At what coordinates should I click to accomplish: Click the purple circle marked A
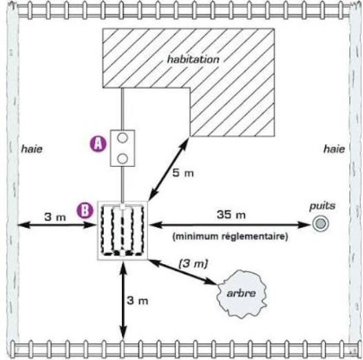point(98,144)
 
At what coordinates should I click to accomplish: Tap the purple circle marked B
point(85,210)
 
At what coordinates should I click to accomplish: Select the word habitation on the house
point(193,59)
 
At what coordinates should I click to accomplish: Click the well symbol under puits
point(320,223)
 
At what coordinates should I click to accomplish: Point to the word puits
point(322,206)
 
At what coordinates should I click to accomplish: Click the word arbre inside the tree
point(241,293)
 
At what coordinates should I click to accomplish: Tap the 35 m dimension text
point(231,214)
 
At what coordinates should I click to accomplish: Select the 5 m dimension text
point(183,173)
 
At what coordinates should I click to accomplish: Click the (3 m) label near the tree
point(194,263)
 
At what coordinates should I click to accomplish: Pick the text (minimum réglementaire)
point(230,237)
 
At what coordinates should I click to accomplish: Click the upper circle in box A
point(123,138)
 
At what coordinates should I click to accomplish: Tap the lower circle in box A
point(123,159)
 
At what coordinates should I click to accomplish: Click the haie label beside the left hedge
point(32,149)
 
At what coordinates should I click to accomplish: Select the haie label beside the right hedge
point(334,149)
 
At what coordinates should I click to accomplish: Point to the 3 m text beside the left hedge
point(55,217)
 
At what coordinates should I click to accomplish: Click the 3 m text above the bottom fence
point(138,301)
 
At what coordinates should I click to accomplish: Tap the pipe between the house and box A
point(123,109)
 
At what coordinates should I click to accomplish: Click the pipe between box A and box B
point(123,184)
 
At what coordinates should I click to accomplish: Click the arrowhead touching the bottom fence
point(123,332)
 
